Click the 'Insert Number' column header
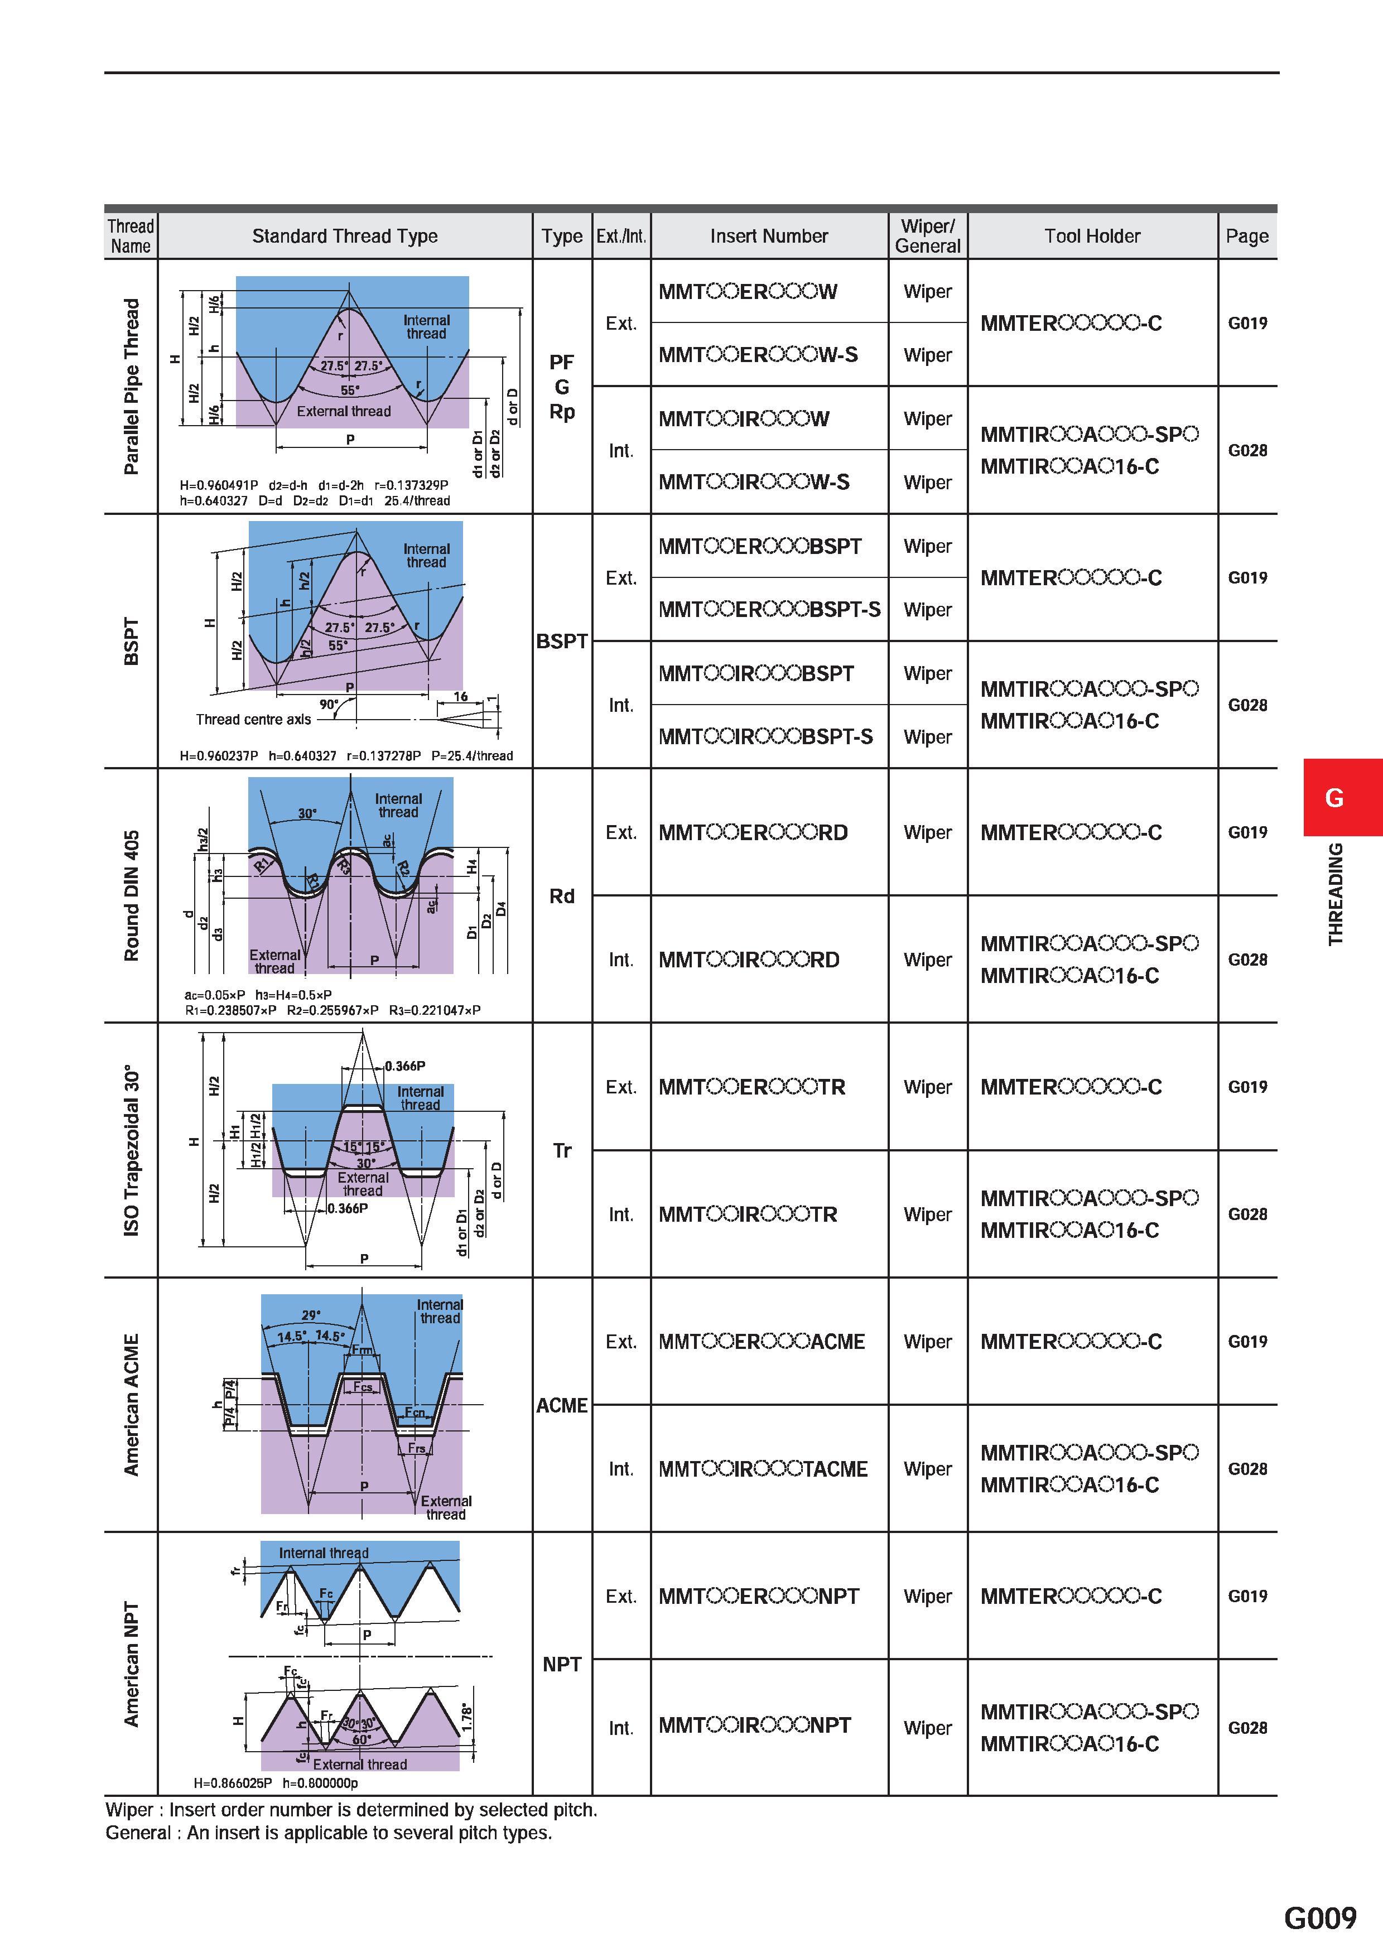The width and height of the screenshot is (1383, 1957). (769, 236)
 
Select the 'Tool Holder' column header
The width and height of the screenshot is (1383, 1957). (1092, 236)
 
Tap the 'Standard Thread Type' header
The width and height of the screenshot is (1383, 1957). (345, 236)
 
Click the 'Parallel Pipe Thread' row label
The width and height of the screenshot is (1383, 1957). (131, 386)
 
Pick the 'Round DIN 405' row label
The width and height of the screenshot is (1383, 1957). (131, 896)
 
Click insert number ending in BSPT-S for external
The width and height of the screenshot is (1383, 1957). (769, 609)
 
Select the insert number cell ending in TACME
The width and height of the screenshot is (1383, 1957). (763, 1469)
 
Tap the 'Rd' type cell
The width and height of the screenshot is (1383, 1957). (562, 896)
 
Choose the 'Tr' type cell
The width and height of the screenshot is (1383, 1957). (562, 1151)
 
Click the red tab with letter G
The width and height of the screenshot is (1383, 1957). (1342, 798)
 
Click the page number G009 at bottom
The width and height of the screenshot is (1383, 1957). (1320, 1918)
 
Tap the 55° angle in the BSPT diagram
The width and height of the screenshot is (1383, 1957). (338, 645)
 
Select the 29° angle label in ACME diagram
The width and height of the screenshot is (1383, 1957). (311, 1315)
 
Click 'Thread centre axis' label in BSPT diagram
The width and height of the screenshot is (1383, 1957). (253, 720)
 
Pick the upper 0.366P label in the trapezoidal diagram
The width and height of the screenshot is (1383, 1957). (405, 1066)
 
